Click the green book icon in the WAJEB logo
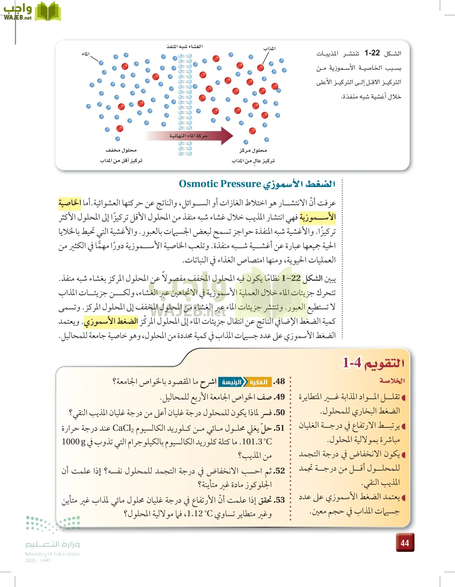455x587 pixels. tap(48, 12)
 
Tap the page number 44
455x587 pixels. tap(405, 543)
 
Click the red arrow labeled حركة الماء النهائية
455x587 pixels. tap(189, 136)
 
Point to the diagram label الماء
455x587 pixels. tap(86, 54)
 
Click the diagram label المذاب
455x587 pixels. tap(269, 49)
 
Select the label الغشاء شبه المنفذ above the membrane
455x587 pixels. tap(184, 47)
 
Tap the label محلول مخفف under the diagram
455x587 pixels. tap(121, 150)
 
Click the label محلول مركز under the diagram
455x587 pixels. tap(253, 150)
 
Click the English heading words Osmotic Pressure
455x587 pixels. tap(220, 184)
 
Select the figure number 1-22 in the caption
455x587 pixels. tap(372, 53)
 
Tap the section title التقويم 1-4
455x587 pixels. tap(373, 363)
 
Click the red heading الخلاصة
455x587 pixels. tap(392, 381)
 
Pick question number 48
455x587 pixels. tap(279, 381)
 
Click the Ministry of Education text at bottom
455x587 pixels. tap(52, 554)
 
